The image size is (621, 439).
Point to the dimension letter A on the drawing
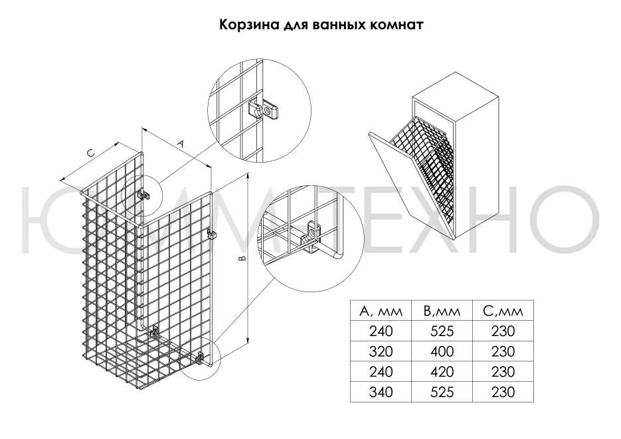[179, 143]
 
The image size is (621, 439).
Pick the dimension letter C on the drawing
[91, 153]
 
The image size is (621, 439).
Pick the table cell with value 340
[376, 392]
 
